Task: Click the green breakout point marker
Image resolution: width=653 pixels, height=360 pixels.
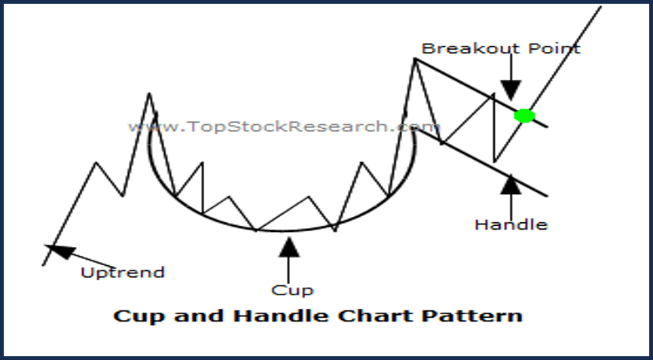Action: pyautogui.click(x=524, y=115)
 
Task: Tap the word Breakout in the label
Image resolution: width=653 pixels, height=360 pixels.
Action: pyautogui.click(x=471, y=48)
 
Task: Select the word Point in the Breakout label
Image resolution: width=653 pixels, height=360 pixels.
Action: pyautogui.click(x=554, y=48)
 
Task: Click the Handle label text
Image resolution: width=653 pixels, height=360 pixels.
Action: pyautogui.click(x=511, y=224)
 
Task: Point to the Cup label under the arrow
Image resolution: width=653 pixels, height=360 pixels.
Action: pyautogui.click(x=292, y=291)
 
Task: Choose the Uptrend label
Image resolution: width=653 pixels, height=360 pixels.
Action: pyautogui.click(x=123, y=273)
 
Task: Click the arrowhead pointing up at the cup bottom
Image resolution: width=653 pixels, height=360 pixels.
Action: pyautogui.click(x=289, y=247)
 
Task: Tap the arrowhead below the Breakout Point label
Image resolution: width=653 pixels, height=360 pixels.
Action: pyautogui.click(x=511, y=90)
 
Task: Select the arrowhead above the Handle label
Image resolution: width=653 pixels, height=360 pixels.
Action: pyautogui.click(x=511, y=185)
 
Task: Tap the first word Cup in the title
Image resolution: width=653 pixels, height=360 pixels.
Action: pyautogui.click(x=140, y=316)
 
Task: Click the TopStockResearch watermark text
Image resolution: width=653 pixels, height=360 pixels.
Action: pyautogui.click(x=283, y=127)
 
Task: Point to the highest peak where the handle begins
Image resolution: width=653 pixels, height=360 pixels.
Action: pyautogui.click(x=415, y=59)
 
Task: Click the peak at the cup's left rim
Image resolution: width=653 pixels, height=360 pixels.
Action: pyautogui.click(x=149, y=93)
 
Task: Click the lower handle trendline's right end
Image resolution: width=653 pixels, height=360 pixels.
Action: pyautogui.click(x=546, y=195)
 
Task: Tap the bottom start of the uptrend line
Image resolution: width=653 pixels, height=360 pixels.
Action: pyautogui.click(x=44, y=265)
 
